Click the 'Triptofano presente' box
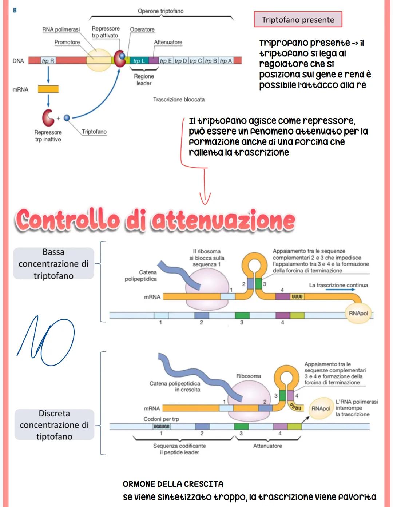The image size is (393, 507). (298, 20)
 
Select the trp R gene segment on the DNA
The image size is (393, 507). (48, 61)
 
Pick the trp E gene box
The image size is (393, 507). (166, 61)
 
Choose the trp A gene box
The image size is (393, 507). (226, 61)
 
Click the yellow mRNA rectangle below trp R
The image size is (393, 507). (48, 89)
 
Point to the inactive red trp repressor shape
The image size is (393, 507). (48, 117)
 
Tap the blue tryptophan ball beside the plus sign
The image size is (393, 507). (67, 118)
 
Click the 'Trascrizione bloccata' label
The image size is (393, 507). (179, 99)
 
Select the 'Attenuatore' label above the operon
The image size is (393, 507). (168, 42)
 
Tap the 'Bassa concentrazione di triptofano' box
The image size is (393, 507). (53, 264)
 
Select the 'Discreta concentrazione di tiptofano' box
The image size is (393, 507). (54, 425)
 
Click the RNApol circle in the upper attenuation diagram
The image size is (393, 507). (358, 313)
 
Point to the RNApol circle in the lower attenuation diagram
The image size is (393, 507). (320, 408)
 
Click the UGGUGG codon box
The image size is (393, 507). (161, 426)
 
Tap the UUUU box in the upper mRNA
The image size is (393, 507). (297, 296)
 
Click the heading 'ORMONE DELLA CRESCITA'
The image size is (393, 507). (173, 484)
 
